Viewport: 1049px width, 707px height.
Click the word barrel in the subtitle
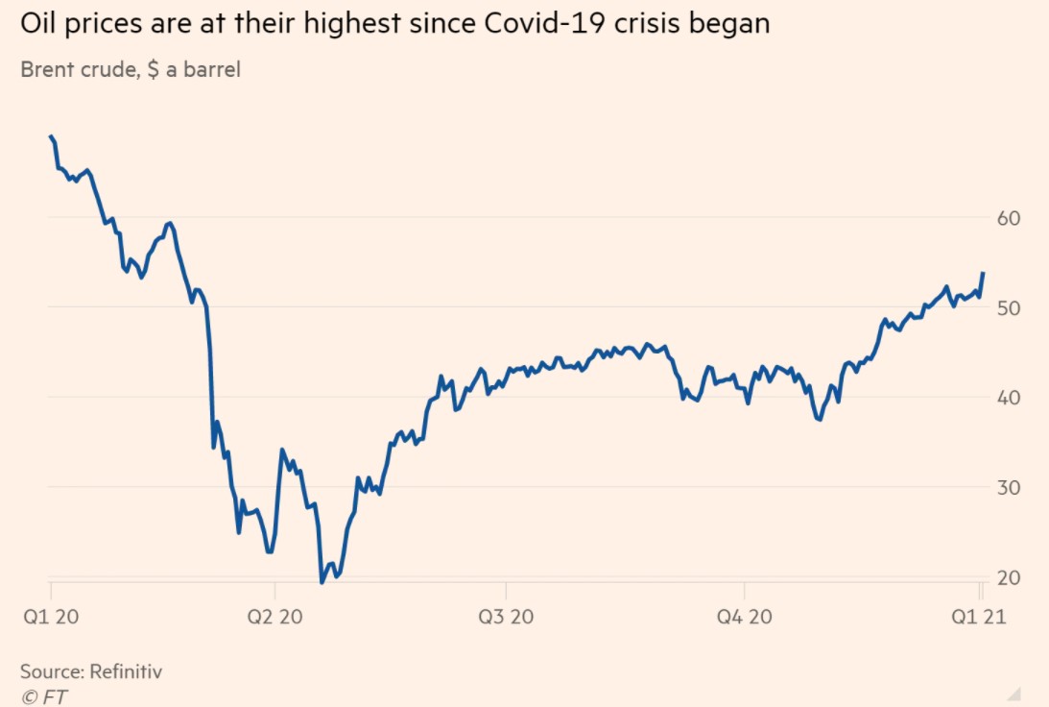click(x=208, y=70)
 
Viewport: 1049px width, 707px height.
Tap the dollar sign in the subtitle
click(x=154, y=70)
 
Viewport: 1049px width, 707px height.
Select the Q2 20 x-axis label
click(x=275, y=616)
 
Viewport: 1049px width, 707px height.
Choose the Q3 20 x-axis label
click(x=506, y=616)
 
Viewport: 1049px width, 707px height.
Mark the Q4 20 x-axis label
click(x=744, y=616)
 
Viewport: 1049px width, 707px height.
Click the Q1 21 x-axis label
click(x=979, y=616)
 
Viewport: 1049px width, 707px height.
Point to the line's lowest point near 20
click(x=322, y=582)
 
